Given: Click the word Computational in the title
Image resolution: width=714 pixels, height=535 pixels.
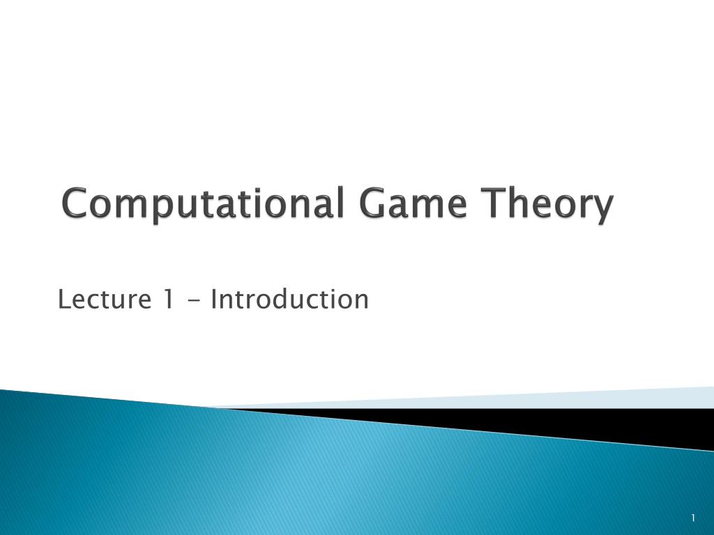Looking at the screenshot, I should pyautogui.click(x=203, y=205).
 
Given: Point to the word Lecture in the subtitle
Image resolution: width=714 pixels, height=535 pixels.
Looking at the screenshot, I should pyautogui.click(x=105, y=300).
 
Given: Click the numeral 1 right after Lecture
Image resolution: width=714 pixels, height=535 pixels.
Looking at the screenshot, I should pyautogui.click(x=167, y=300).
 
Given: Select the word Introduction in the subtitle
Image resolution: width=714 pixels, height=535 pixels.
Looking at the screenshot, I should pyautogui.click(x=289, y=300).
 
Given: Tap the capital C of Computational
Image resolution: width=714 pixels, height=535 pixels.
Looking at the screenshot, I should pyautogui.click(x=75, y=205).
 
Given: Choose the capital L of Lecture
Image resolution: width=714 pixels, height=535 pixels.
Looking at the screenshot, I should pyautogui.click(x=63, y=300).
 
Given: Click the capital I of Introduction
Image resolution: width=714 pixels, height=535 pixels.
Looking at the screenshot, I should pyautogui.click(x=214, y=300).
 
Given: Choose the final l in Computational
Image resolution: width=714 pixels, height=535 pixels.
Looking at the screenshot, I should pyautogui.click(x=340, y=203).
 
